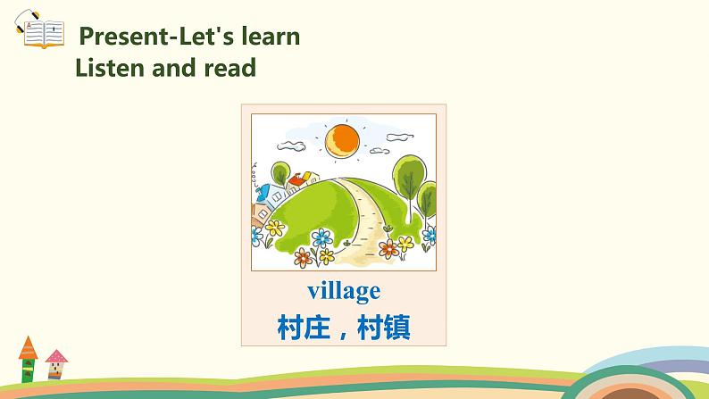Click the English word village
point(344,290)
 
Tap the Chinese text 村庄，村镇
point(344,328)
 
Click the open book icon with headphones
point(40,32)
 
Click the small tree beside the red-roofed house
point(280,172)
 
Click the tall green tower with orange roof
point(28,366)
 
